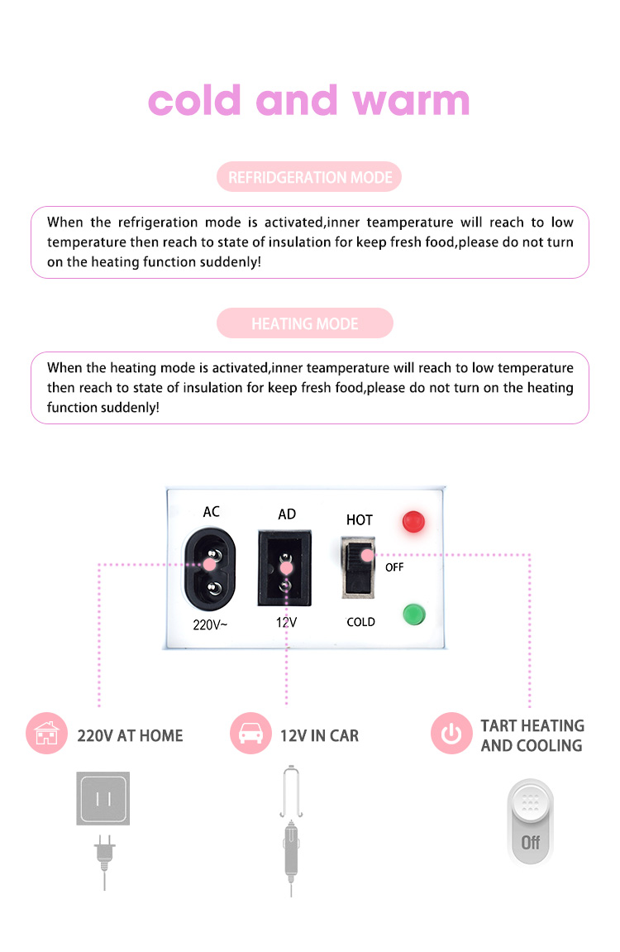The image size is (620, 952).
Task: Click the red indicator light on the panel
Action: pyautogui.click(x=413, y=522)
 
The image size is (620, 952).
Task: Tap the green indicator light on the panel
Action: pyautogui.click(x=413, y=614)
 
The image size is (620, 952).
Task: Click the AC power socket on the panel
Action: pyautogui.click(x=210, y=569)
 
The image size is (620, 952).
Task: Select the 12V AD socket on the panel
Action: pyautogui.click(x=284, y=568)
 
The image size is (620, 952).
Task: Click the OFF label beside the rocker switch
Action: pyautogui.click(x=394, y=567)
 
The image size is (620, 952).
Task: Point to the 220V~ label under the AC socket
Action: pyautogui.click(x=210, y=624)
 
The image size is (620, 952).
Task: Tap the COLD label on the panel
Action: pyautogui.click(x=361, y=622)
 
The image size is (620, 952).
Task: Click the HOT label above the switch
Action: pyautogui.click(x=359, y=519)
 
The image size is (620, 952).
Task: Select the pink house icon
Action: pyautogui.click(x=47, y=733)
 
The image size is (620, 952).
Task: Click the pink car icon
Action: pyautogui.click(x=250, y=733)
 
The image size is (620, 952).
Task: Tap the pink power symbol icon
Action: pyautogui.click(x=451, y=733)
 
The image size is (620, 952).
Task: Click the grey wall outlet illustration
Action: pyautogui.click(x=103, y=798)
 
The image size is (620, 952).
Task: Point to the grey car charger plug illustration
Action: pyautogui.click(x=292, y=830)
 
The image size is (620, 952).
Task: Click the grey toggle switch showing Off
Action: pyautogui.click(x=530, y=822)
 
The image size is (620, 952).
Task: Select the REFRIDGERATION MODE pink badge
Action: pyautogui.click(x=309, y=177)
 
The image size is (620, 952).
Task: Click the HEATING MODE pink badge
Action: pyautogui.click(x=305, y=323)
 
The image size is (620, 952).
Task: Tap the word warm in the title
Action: pyautogui.click(x=412, y=102)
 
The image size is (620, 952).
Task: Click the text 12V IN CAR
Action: pyautogui.click(x=319, y=735)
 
